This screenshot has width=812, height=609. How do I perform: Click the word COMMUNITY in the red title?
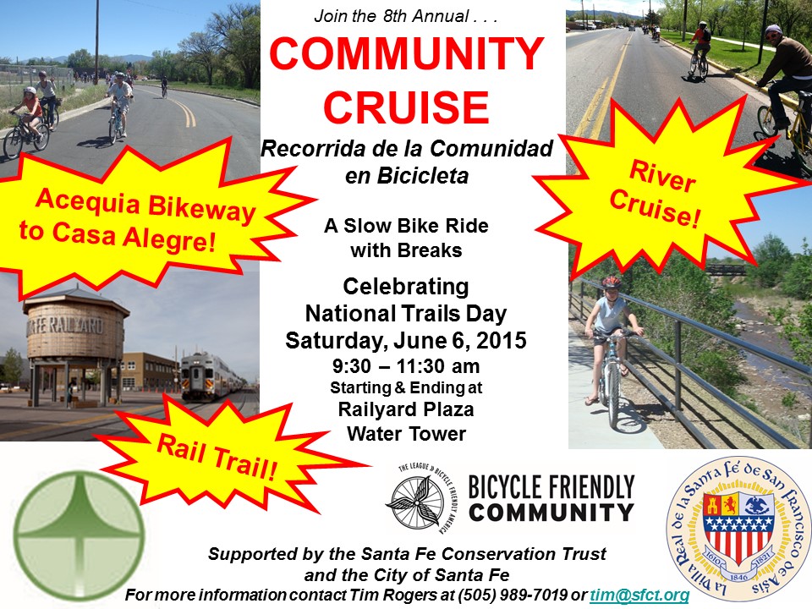point(407,54)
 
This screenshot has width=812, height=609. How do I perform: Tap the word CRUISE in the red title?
point(407,107)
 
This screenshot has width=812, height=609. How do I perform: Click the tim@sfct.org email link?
point(639,595)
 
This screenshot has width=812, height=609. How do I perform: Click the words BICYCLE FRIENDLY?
point(551,487)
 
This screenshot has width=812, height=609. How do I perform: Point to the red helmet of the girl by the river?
point(611,283)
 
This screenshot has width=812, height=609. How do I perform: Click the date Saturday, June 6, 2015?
point(406,340)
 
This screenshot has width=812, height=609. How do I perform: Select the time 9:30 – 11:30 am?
point(406,366)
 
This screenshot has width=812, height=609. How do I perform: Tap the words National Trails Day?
point(406,313)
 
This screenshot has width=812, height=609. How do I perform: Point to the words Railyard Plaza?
point(406,409)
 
